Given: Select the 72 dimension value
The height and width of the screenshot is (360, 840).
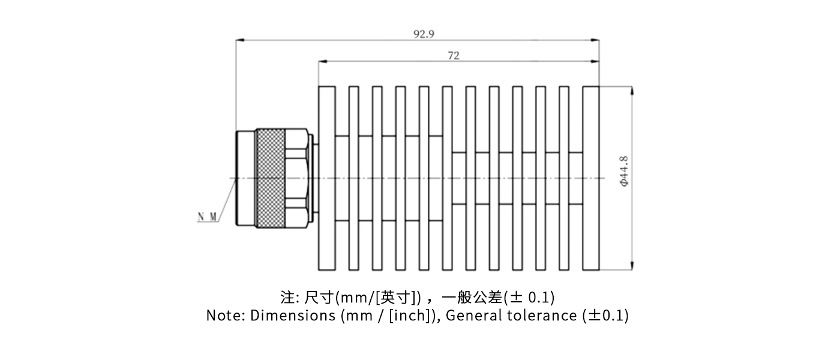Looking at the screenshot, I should point(454,55).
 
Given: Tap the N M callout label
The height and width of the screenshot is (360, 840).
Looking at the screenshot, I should point(207,216).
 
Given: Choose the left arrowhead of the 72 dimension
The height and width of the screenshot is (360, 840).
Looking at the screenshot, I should point(321,61).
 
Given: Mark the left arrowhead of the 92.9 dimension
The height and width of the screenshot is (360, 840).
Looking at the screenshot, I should point(238,40).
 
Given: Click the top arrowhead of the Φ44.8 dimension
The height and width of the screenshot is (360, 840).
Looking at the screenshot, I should point(631,89).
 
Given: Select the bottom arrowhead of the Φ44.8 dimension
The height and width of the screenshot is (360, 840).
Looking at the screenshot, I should point(631,267).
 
